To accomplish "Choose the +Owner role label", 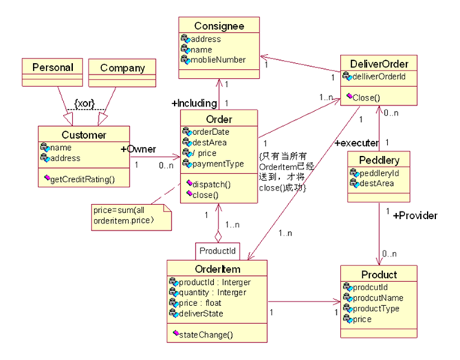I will point(138,149).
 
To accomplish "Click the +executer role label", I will point(356,142).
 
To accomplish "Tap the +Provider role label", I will point(416,215).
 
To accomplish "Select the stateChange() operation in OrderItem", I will point(208,334).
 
